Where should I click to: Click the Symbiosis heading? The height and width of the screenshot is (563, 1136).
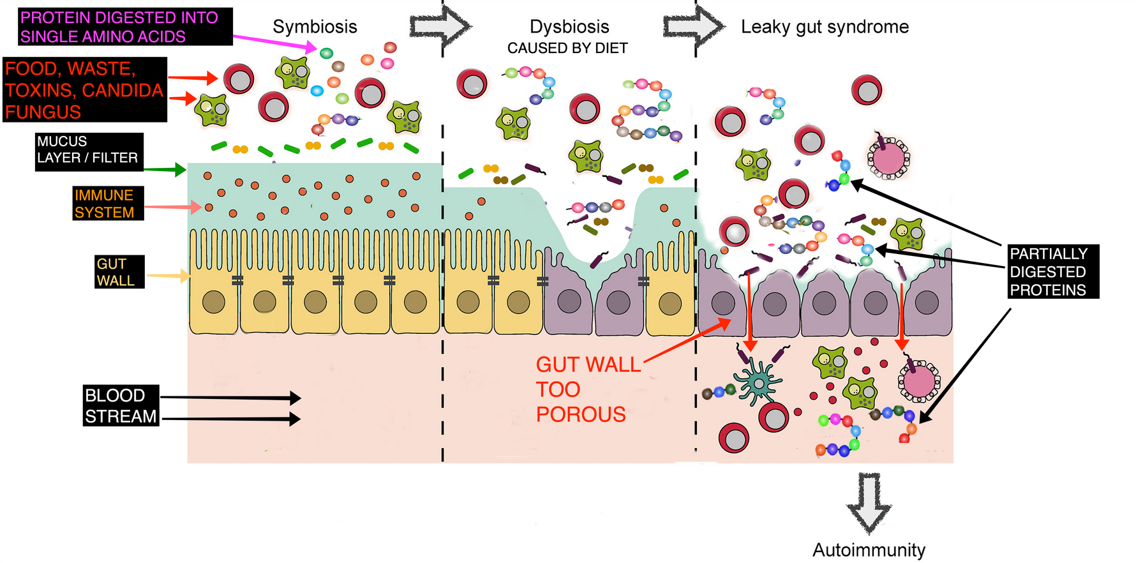pos(315,27)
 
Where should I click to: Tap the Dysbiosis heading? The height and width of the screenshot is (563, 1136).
pos(569,27)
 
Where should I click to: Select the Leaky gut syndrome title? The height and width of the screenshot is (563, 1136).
pos(825,27)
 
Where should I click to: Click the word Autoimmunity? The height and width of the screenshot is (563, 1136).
pos(869,550)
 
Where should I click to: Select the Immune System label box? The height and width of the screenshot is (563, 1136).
pos(108,204)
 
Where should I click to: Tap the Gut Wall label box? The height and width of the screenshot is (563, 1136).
pos(119,272)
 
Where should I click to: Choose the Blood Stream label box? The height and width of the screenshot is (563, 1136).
pos(121,405)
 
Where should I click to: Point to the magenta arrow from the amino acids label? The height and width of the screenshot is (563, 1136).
pos(274,42)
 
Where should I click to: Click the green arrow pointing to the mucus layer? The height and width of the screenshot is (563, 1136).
pos(164,169)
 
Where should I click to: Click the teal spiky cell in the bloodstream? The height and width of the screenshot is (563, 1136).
pos(758,381)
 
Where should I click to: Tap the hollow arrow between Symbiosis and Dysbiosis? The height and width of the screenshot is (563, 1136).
pos(440,26)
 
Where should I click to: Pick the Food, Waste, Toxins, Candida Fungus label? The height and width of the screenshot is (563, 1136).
pos(85,89)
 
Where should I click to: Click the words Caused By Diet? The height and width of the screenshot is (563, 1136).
pos(567,49)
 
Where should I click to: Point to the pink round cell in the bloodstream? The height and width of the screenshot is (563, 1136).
pos(919,381)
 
